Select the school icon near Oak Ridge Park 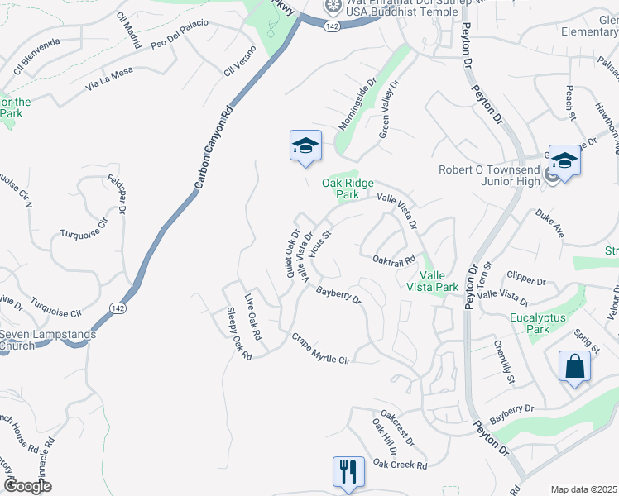(305, 146)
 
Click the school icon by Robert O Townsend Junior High (564, 160)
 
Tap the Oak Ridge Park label (348, 189)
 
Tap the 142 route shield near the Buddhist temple (332, 26)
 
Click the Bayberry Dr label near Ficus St (339, 295)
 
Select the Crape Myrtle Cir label (321, 349)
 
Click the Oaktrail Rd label (393, 259)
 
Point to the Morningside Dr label (357, 105)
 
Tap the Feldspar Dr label (115, 194)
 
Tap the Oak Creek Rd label (399, 465)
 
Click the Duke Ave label (549, 224)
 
